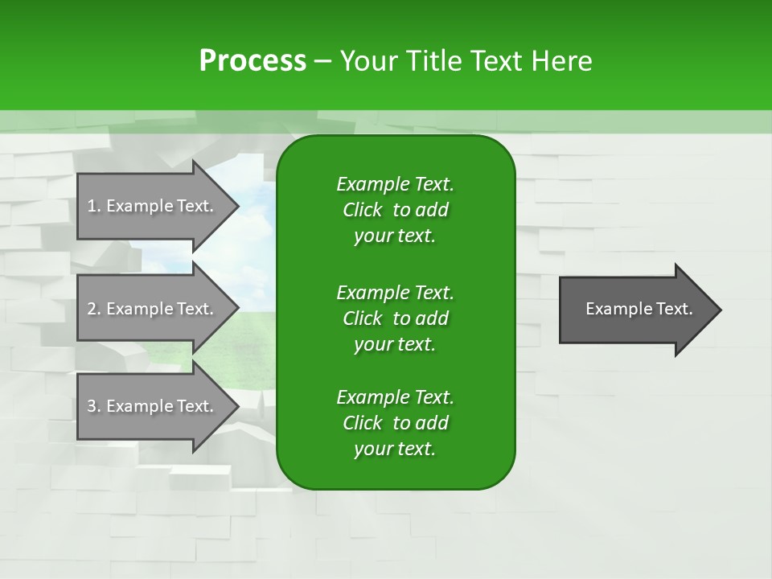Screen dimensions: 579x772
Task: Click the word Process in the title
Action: tap(253, 61)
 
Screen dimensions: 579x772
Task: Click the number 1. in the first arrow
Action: tap(93, 206)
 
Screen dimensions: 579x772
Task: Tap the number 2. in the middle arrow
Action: tap(93, 309)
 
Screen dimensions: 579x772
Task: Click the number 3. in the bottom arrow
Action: tap(93, 406)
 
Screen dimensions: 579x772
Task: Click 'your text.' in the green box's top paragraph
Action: tap(395, 236)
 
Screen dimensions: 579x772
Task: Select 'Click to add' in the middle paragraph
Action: tap(395, 318)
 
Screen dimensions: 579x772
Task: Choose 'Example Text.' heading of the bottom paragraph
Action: tap(395, 397)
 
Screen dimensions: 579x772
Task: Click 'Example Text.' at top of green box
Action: tap(395, 184)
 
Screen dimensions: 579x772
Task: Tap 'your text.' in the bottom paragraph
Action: tap(395, 450)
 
